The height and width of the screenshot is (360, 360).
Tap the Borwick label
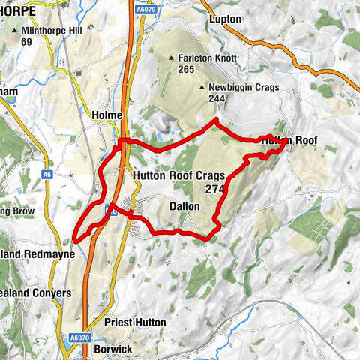pos(114,349)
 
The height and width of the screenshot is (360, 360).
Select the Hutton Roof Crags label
pos(178,175)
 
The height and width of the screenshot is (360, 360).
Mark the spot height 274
pos(214,190)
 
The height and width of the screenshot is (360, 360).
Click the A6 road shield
pos(46,175)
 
